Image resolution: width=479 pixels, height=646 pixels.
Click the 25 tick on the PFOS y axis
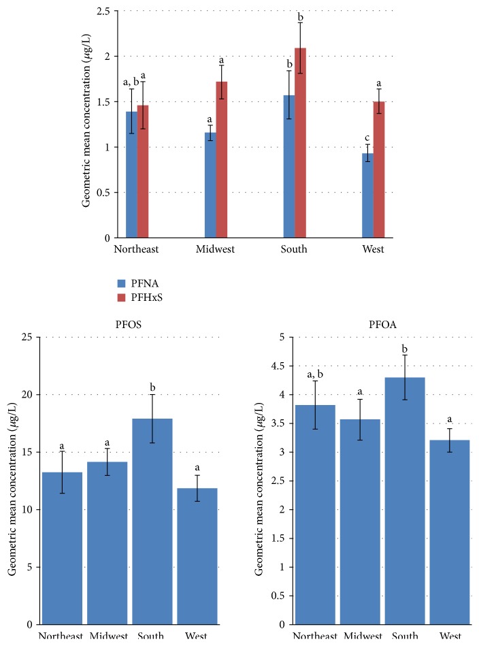tap(31, 337)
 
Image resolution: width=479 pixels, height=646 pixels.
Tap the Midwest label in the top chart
tap(215, 249)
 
